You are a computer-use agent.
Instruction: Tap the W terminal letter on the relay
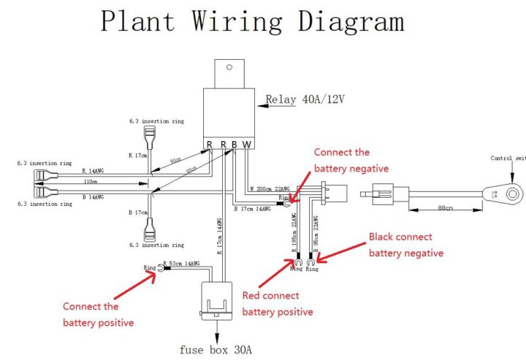click(247, 144)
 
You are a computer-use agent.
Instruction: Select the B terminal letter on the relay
click(235, 144)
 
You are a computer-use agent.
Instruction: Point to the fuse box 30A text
click(217, 348)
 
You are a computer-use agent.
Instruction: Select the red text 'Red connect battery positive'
click(278, 304)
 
